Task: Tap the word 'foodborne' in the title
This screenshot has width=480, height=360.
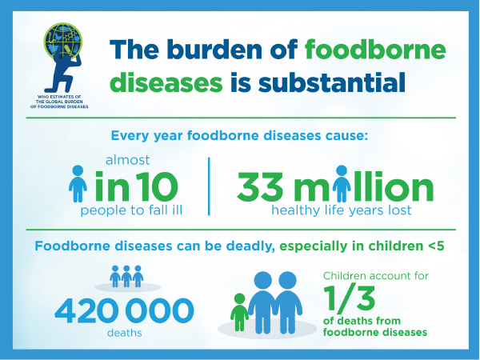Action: click(x=375, y=49)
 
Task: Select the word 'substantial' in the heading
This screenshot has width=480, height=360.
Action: click(x=332, y=82)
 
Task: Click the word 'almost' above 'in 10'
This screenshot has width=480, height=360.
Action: click(x=128, y=160)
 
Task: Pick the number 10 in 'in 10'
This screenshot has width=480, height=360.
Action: click(x=157, y=186)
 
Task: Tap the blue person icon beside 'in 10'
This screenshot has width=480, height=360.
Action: click(x=78, y=184)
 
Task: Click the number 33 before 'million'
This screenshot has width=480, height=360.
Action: click(x=260, y=186)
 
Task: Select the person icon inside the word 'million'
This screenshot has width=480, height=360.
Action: click(x=342, y=184)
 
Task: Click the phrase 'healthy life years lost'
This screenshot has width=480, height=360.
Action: click(x=342, y=210)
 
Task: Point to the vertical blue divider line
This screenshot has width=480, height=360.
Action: click(x=209, y=186)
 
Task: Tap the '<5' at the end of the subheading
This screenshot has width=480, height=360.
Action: click(x=436, y=246)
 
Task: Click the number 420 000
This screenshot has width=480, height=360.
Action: click(x=124, y=310)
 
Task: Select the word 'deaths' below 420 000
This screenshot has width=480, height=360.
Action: click(x=124, y=333)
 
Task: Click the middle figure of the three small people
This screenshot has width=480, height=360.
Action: click(x=126, y=276)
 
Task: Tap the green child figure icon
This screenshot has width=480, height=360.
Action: click(x=239, y=312)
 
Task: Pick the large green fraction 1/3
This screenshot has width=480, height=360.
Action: click(x=349, y=298)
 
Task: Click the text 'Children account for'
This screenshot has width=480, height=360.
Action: click(x=376, y=276)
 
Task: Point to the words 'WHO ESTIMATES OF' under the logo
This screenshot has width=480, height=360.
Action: click(x=59, y=97)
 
